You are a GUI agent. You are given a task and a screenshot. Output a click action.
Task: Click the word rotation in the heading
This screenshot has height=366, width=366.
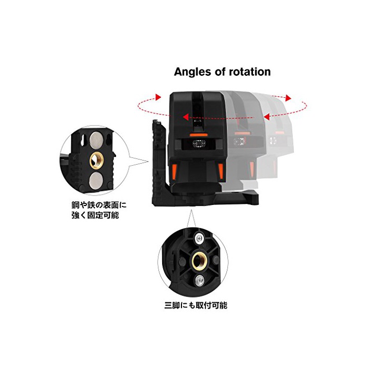250,72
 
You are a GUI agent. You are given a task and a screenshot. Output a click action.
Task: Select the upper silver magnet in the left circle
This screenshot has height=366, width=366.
96,139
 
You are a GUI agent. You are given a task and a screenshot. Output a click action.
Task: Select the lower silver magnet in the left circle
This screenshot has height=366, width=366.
96,180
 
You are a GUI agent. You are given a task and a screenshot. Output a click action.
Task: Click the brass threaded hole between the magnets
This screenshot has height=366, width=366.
97,159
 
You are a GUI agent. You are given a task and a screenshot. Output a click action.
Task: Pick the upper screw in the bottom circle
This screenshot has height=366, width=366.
199,238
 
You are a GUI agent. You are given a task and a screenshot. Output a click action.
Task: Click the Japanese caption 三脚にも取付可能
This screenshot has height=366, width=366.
196,305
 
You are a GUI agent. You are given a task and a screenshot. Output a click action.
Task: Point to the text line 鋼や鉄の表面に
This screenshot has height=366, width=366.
99,205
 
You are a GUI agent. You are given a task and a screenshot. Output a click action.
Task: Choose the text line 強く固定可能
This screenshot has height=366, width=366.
95,215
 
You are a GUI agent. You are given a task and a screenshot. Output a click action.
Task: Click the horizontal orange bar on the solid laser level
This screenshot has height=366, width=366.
199,135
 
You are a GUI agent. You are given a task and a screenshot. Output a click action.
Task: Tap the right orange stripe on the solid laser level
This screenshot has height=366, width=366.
221,170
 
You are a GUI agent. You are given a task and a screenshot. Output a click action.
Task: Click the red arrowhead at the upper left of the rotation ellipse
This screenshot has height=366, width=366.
158,97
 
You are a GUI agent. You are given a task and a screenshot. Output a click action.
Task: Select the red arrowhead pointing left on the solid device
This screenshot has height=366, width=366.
186,117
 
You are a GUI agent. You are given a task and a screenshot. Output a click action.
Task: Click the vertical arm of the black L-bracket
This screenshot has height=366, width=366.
159,161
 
